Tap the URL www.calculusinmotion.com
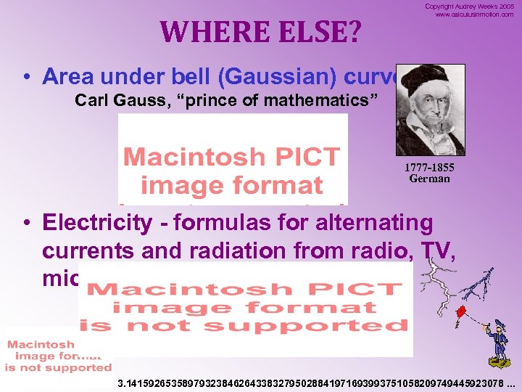click(474, 15)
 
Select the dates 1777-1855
click(429, 168)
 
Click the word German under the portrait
click(429, 179)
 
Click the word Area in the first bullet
click(69, 76)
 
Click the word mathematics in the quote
click(323, 99)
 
